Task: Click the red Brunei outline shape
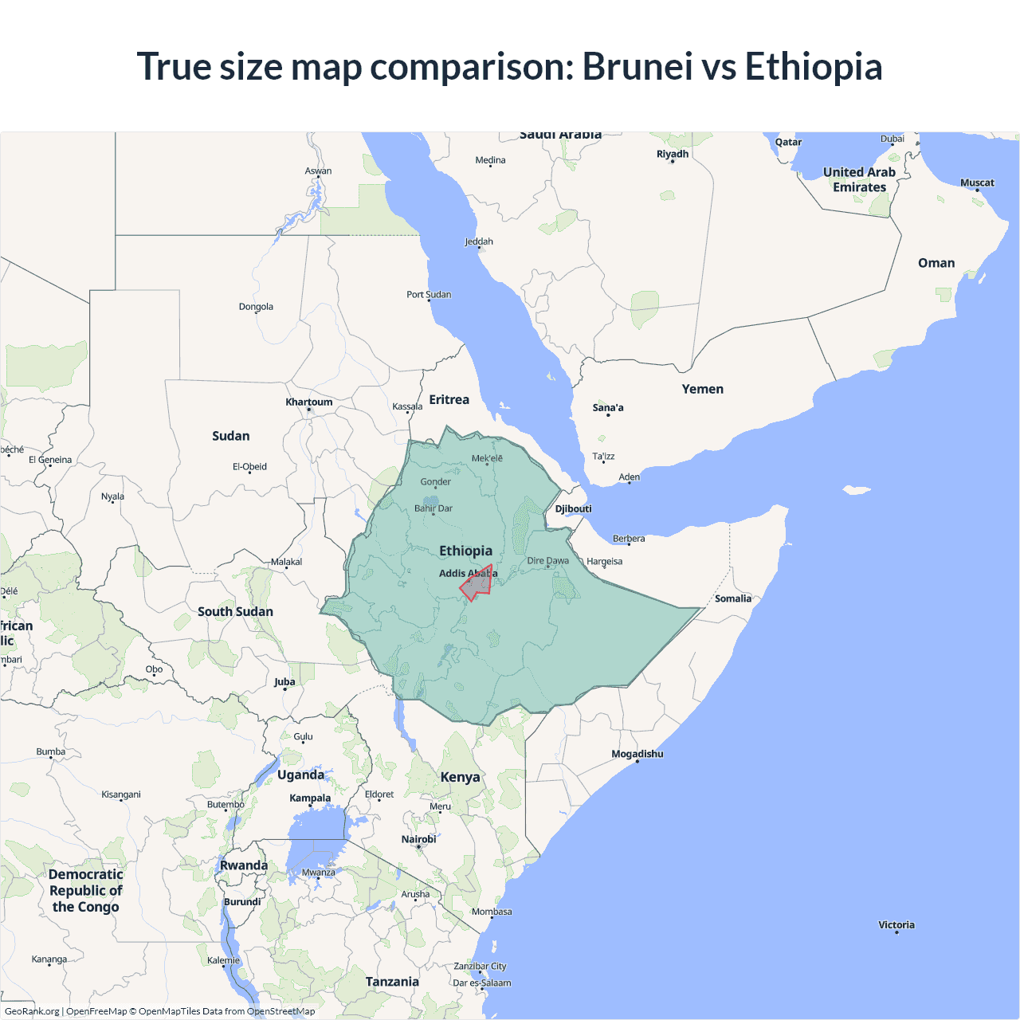click(x=475, y=585)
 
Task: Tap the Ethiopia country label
click(x=465, y=551)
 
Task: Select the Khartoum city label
click(x=309, y=402)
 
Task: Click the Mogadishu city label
click(x=637, y=754)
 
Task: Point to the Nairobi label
click(x=418, y=839)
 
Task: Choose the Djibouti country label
click(x=573, y=508)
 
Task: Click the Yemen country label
click(x=702, y=389)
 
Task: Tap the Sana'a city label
click(x=608, y=407)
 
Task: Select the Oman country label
click(x=936, y=263)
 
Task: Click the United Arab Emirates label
click(x=859, y=179)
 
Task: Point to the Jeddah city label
click(x=479, y=241)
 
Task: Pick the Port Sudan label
click(x=429, y=294)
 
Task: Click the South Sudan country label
click(x=235, y=611)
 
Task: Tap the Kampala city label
click(x=310, y=798)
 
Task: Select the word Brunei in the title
click(x=637, y=66)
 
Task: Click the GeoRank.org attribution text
click(x=32, y=1011)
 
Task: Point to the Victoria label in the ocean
click(x=896, y=924)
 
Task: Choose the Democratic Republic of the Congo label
click(x=85, y=890)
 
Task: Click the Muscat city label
click(x=977, y=182)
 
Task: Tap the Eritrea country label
click(x=449, y=399)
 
